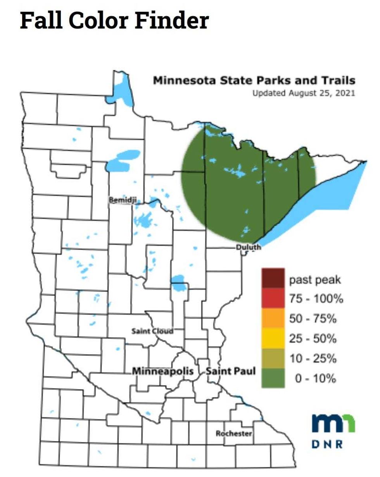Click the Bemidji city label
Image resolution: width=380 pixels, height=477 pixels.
point(121,199)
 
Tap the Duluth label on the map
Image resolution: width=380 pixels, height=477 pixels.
point(249,247)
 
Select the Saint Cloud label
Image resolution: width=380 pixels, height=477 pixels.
point(152,331)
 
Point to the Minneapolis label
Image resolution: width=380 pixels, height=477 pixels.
point(163,371)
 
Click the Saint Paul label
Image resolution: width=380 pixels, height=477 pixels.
point(231,371)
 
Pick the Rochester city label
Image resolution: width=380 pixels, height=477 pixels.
point(234,433)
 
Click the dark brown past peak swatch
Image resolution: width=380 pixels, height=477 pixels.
point(273,279)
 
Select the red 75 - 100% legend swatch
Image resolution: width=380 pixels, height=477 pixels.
point(273,299)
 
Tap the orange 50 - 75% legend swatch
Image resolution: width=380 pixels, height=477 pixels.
point(273,318)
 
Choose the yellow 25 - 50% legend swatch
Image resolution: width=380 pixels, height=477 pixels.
point(273,338)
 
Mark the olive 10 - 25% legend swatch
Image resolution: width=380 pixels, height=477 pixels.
point(273,358)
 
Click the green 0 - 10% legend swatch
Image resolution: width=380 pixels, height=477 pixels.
point(273,378)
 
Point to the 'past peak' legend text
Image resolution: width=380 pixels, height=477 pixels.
point(315,279)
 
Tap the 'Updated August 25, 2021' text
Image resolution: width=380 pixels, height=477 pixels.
point(304,93)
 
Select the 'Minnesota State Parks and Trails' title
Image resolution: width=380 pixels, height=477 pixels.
point(254,81)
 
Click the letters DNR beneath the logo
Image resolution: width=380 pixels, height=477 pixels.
point(328,444)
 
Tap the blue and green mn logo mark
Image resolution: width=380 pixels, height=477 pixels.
point(333,423)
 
